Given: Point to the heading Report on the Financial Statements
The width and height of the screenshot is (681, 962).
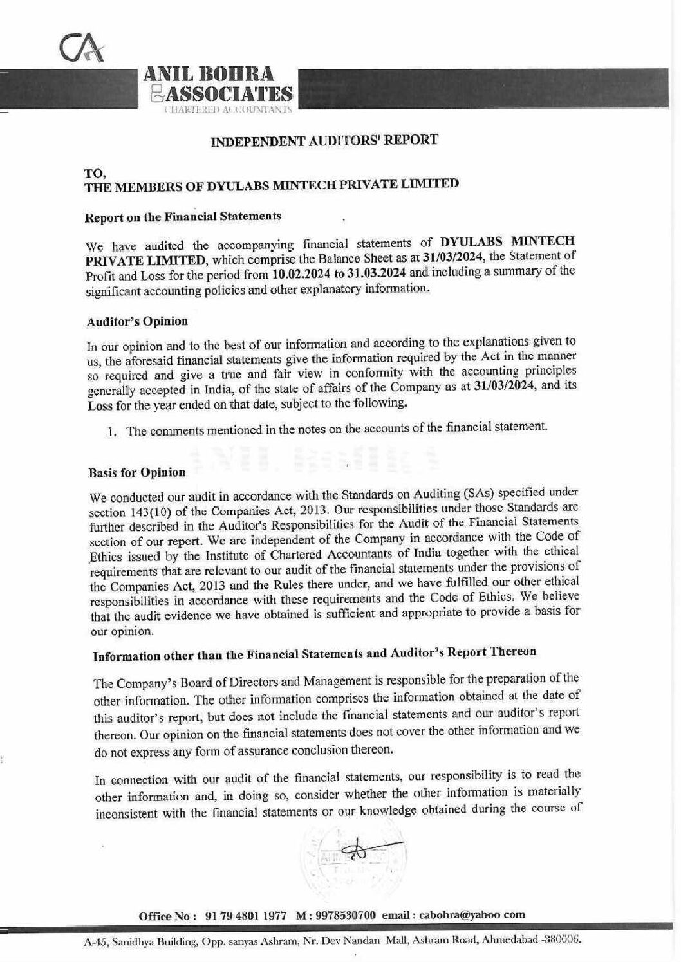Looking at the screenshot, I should (183, 217).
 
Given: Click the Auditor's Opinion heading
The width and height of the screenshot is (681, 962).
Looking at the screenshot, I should (137, 321).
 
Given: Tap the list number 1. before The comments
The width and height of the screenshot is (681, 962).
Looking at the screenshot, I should (113, 432).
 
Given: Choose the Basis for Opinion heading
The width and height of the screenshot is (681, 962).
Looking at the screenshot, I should (136, 472).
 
